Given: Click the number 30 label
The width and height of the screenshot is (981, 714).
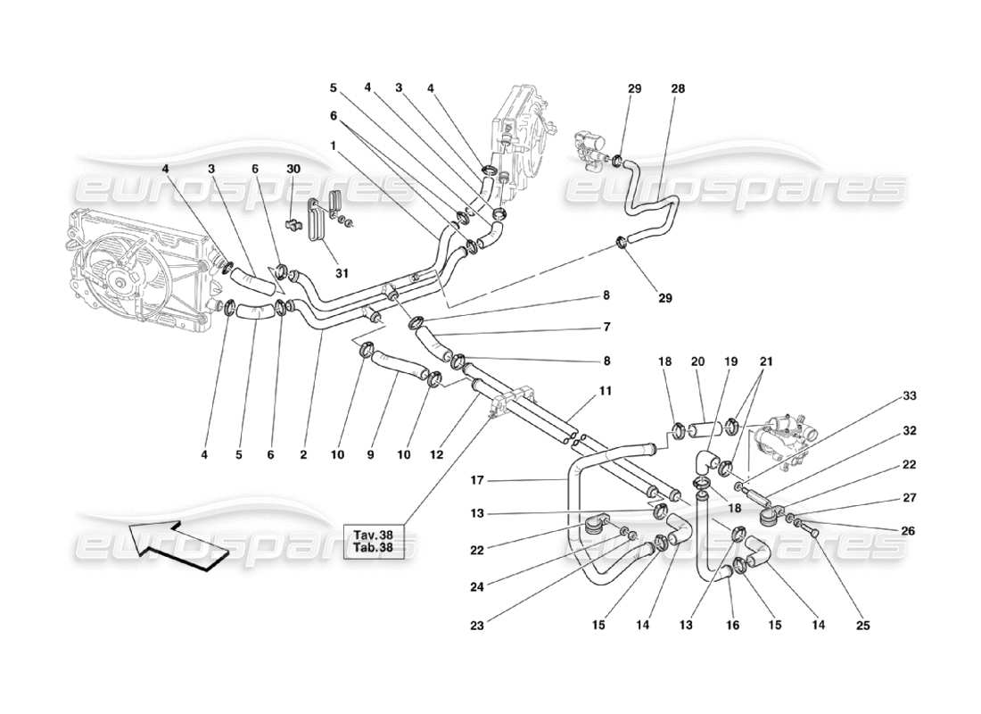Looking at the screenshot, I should click(293, 169).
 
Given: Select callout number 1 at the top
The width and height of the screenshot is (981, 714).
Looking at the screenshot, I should click(332, 145).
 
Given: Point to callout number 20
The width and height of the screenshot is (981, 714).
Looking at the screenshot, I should click(697, 362).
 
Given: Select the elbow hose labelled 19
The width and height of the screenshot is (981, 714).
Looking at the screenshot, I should click(706, 461).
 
